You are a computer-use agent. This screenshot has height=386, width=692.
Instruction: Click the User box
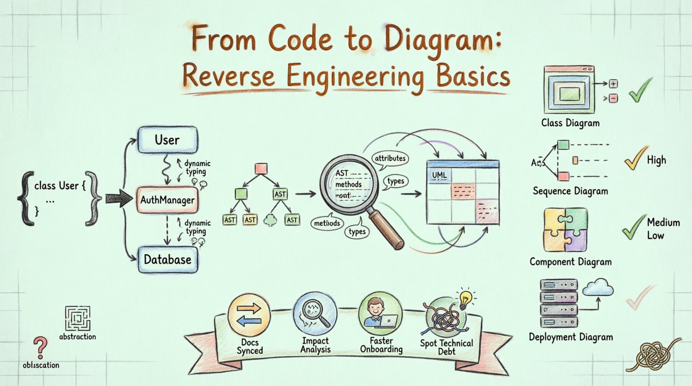(167, 140)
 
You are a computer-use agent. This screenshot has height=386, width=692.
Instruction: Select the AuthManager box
(167, 200)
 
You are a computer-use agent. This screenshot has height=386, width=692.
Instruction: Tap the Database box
(167, 260)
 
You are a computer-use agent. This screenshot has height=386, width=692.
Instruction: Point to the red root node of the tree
(261, 168)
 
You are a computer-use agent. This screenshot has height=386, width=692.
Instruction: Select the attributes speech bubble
(390, 158)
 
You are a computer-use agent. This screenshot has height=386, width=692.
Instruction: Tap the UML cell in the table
(439, 176)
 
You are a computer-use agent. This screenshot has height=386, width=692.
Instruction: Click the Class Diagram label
(570, 123)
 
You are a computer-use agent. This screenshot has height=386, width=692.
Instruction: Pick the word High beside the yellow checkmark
(656, 160)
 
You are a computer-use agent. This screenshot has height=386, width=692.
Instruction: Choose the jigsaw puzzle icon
(565, 230)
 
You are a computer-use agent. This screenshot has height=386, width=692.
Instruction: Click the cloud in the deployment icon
(598, 287)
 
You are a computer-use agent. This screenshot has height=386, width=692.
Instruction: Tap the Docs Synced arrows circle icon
(249, 314)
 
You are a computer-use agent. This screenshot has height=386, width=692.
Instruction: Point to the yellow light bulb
(465, 298)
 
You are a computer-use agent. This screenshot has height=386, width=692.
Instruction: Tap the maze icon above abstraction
(77, 319)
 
